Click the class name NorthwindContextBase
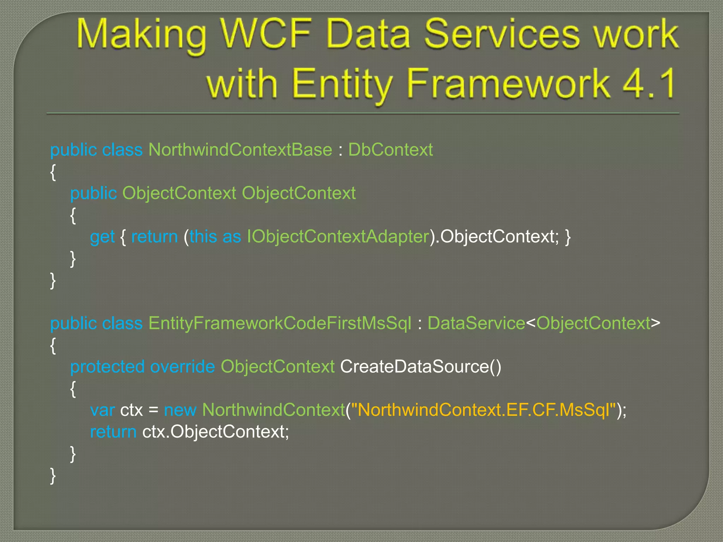pos(240,150)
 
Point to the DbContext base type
pos(390,150)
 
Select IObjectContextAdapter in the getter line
pos(338,237)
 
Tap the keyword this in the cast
pos(203,237)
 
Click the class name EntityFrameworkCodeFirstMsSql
pos(280,324)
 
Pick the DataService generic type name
pos(476,324)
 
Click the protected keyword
pos(107,367)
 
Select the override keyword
pos(182,367)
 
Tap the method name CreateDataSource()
pos(420,367)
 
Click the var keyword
pos(102,410)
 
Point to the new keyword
pos(180,410)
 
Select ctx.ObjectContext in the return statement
pos(215,432)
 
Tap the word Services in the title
pos(502,35)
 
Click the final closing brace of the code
pos(53,476)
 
